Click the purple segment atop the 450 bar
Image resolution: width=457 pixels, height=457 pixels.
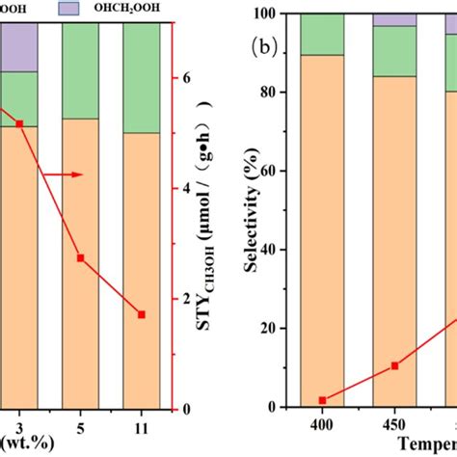[394, 19]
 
